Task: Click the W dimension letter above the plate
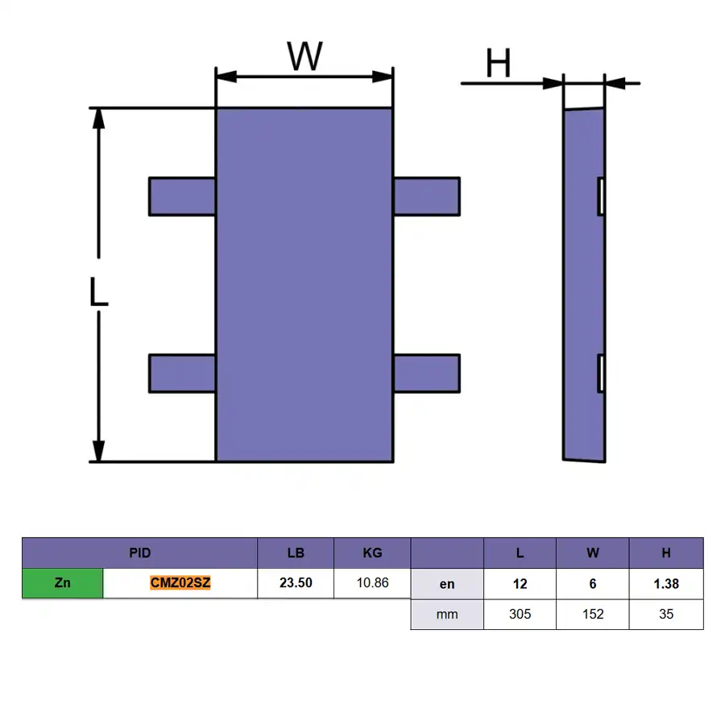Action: [304, 56]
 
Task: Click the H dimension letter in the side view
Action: [498, 63]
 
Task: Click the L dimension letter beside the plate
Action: [98, 292]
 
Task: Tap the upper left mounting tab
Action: [182, 197]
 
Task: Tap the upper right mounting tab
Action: [427, 197]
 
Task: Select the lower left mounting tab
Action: [182, 374]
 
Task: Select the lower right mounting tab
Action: [427, 374]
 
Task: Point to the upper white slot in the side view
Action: [601, 197]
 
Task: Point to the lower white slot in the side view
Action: [601, 374]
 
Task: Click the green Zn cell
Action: [62, 583]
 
